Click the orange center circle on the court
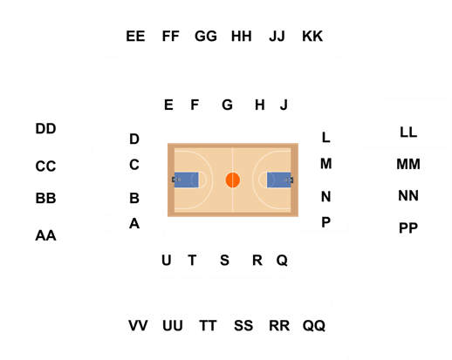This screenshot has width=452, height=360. click(233, 180)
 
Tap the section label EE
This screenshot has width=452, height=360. click(135, 37)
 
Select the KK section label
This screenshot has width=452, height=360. click(312, 37)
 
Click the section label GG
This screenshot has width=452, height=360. click(206, 37)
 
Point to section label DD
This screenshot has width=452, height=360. click(45, 128)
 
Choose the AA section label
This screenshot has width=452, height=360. click(45, 235)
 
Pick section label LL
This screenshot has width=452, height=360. click(408, 132)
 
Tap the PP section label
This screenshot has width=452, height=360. click(408, 228)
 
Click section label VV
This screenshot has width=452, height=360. click(138, 325)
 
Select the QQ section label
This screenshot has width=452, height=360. click(314, 325)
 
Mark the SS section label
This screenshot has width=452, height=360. click(243, 325)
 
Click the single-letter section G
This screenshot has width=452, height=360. click(227, 105)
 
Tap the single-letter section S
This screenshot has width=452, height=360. click(224, 260)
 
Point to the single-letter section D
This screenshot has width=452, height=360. click(134, 139)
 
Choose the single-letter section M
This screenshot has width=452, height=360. click(326, 164)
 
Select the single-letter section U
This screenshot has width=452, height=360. click(167, 260)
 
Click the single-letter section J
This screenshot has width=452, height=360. click(284, 105)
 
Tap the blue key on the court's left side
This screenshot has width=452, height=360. click(186, 180)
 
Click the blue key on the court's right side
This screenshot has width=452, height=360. click(279, 180)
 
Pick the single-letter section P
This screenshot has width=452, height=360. click(326, 222)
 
